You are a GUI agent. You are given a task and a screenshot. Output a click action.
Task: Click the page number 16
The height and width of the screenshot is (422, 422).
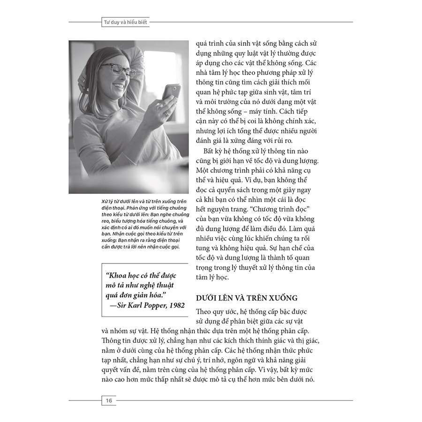click(x=109, y=400)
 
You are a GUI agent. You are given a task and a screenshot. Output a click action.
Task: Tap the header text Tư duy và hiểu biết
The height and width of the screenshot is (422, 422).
click(x=126, y=22)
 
